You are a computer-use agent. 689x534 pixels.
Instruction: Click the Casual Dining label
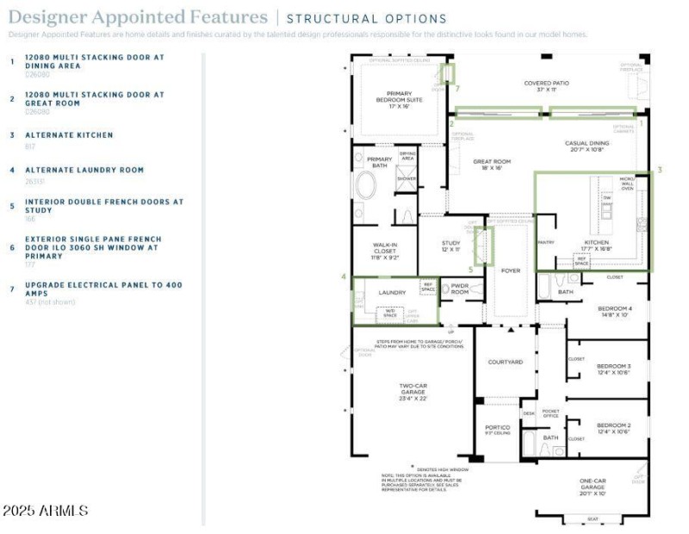pos(587,147)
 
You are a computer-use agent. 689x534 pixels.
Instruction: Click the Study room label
pos(451,245)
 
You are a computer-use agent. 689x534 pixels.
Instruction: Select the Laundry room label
pos(392,293)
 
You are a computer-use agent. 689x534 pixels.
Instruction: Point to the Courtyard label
pos(506,363)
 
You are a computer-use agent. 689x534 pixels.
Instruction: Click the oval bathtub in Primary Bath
pos(366,186)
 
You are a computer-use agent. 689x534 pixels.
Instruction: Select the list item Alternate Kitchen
pos(69,135)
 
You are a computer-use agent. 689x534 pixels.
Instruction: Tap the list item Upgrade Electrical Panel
pos(103,289)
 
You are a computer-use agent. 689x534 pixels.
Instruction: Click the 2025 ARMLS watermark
pos(45,511)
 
